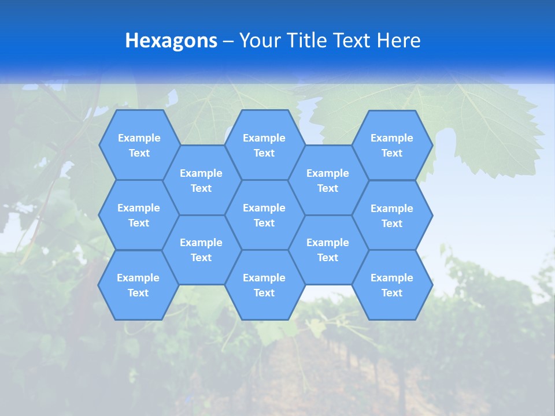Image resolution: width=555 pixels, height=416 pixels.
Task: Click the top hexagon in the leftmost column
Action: [x=139, y=145]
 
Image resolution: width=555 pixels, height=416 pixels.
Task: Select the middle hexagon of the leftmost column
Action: [x=139, y=215]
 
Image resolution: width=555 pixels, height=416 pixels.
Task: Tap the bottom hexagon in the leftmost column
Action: [x=138, y=285]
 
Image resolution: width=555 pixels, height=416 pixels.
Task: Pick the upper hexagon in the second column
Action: [x=201, y=180]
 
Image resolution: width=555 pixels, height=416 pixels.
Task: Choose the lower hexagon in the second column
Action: [x=201, y=250]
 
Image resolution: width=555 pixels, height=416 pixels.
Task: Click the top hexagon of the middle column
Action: [x=264, y=145]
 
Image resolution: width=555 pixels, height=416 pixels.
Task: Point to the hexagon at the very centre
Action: [x=264, y=215]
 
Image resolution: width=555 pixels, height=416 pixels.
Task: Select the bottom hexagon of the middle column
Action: [x=264, y=285]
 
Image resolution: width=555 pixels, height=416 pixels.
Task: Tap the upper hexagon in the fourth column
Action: [x=328, y=180]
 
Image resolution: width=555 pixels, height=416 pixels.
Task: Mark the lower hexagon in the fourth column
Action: [x=328, y=250]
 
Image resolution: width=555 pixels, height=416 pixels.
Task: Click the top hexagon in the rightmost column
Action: [x=392, y=145]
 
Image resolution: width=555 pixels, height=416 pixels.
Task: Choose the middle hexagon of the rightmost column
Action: [x=392, y=216]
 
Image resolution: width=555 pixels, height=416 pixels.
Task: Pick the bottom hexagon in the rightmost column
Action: [x=392, y=285]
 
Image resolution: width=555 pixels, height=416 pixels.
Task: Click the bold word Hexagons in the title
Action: [x=171, y=41]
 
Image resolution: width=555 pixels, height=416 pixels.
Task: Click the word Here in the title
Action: [x=399, y=41]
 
